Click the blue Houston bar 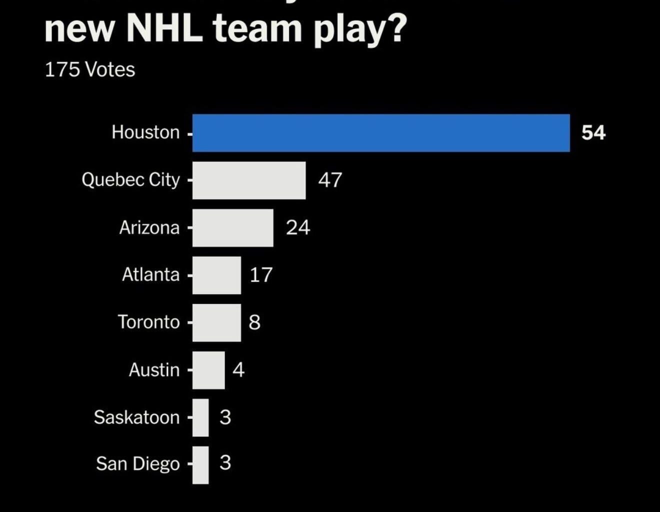381,133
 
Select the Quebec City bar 249,180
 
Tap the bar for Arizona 233,227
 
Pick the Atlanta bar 216,275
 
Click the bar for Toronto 216,322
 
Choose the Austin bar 208,370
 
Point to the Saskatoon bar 200,417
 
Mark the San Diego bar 200,465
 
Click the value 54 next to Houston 593,133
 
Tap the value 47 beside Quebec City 330,180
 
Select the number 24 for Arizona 298,227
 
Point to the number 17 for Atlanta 260,275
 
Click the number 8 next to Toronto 254,322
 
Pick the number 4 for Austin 238,370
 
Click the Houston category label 145,132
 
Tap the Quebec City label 130,179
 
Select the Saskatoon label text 136,417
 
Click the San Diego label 137,464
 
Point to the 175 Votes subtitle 90,69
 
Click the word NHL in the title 164,29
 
